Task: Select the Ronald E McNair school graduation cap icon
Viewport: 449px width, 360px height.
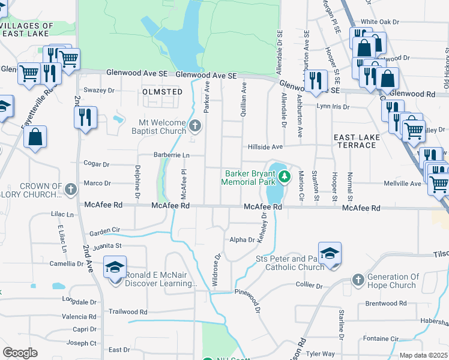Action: tap(115, 268)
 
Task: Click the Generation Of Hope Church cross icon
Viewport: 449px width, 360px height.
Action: tap(358, 280)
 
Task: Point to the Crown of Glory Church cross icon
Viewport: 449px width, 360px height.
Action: tap(71, 190)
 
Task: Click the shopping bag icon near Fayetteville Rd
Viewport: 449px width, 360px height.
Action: tap(36, 136)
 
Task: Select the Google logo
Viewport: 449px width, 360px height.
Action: tap(20, 353)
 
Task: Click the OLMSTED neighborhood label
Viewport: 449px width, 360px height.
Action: tap(162, 92)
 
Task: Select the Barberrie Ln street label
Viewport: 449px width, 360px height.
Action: tap(170, 155)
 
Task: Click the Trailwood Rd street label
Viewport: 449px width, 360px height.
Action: tap(128, 312)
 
